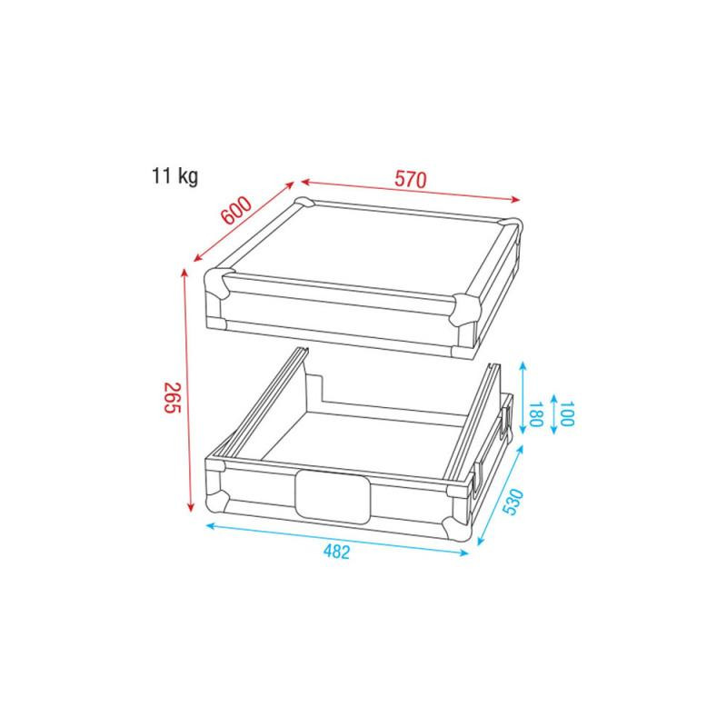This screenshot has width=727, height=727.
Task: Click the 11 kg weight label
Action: (174, 176)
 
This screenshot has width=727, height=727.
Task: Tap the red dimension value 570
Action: (411, 179)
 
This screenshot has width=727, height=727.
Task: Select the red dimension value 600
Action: (236, 210)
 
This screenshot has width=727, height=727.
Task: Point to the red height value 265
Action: (172, 398)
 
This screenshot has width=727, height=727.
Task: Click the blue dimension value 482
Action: (336, 552)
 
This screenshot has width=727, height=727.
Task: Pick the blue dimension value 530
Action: (513, 502)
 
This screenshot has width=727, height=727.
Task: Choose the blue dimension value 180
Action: (535, 414)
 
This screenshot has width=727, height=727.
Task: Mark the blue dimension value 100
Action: (567, 414)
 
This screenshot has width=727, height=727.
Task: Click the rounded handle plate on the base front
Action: (333, 495)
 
